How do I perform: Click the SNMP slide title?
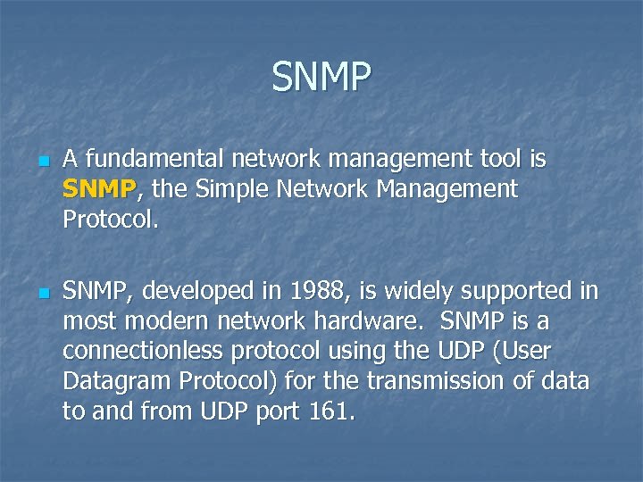click(x=321, y=78)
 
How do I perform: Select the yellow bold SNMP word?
click(x=99, y=189)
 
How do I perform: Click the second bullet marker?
click(x=40, y=293)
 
